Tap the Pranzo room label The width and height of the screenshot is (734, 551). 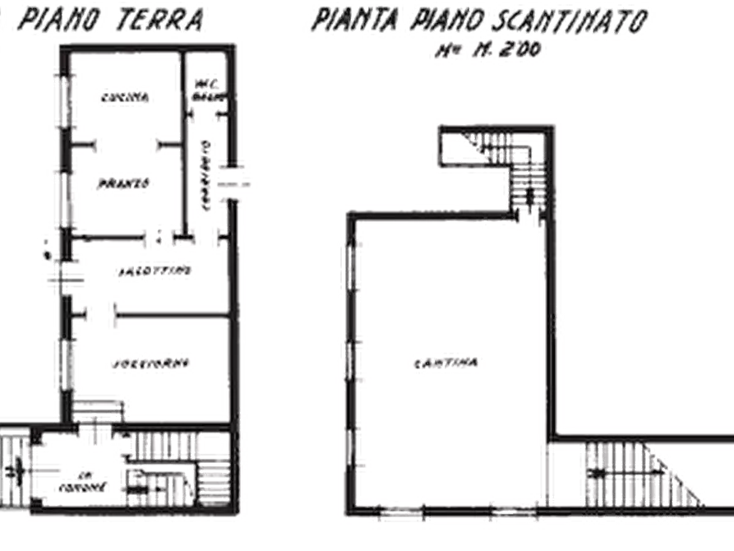coord(124,184)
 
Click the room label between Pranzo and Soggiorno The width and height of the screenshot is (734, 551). coord(153,269)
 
